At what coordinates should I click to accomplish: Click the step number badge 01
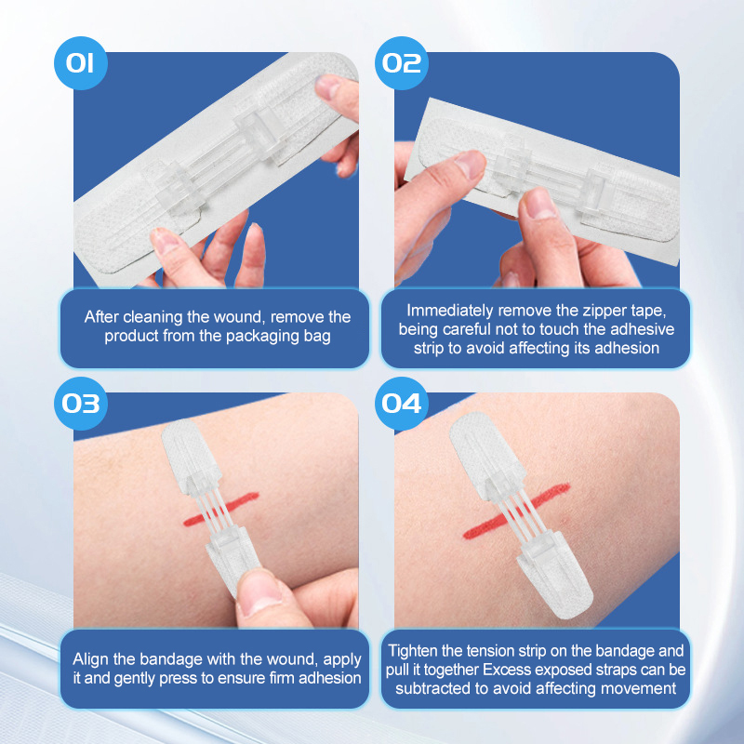coord(81,63)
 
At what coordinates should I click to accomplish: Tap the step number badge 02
coord(402,63)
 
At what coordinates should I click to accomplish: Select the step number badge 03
coord(81,404)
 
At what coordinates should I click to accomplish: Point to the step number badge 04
coord(402,404)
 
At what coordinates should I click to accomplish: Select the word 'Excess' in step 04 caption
coord(505,670)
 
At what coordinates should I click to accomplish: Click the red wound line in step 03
coord(221,509)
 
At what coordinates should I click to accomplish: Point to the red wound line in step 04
coord(516,511)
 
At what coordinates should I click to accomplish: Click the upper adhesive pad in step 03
coord(191,456)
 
